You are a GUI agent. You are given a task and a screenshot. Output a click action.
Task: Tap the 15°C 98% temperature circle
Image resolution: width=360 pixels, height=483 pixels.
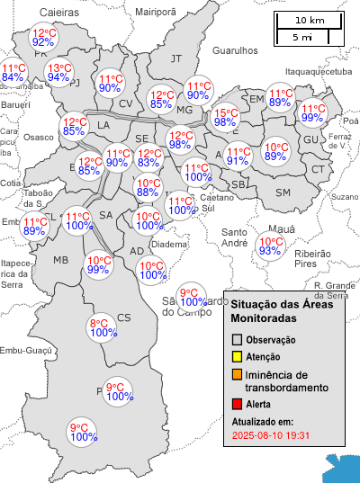tap(225, 118)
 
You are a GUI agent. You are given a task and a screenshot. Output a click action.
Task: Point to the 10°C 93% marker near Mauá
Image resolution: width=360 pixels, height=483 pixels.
tap(270, 246)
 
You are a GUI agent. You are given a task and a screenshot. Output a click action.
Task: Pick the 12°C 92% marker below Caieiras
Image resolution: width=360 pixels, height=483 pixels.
tap(43, 37)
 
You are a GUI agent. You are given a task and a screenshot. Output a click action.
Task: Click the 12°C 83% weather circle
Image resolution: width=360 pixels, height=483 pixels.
tap(149, 158)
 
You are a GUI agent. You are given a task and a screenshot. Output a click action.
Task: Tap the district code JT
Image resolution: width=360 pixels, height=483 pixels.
tap(176, 58)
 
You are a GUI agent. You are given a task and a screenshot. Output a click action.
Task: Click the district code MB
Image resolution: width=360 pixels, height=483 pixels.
tap(61, 260)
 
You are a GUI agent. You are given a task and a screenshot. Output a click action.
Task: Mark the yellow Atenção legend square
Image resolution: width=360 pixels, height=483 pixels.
tap(238, 357)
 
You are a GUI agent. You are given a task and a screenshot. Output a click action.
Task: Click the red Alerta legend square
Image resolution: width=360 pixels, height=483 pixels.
tap(238, 405)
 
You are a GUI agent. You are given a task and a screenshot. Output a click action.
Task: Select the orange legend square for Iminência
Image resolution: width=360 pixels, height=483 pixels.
tap(238, 374)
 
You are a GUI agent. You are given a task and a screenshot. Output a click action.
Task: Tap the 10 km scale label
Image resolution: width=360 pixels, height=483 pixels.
tap(310, 21)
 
